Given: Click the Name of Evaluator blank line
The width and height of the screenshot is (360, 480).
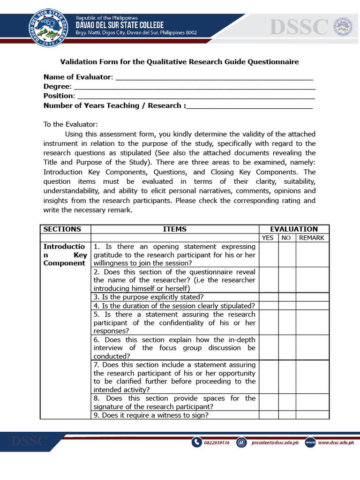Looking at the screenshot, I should [x=214, y=77].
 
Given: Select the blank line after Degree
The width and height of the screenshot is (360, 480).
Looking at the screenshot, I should [x=195, y=87].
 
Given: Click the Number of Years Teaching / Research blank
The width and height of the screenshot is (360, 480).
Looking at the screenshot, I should [x=249, y=106].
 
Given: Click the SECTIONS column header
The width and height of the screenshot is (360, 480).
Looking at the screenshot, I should [x=62, y=229].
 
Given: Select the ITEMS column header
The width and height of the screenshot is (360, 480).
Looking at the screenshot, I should [x=174, y=229].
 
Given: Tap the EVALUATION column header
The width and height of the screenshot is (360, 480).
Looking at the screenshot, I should [x=294, y=229].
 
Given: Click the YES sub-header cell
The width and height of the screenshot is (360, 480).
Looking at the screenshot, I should [x=268, y=238].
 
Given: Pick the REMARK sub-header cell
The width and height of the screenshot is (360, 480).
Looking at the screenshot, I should [x=312, y=238].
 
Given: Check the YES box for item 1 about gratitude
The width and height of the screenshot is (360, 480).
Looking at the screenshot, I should [x=269, y=255].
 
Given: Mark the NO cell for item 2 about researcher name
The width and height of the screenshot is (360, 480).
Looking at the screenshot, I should [x=286, y=280].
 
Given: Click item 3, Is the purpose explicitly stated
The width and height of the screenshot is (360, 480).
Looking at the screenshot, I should [x=149, y=297].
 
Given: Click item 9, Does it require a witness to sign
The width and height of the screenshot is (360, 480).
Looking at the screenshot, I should [x=151, y=415].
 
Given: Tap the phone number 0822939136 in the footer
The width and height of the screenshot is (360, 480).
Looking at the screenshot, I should [x=216, y=442].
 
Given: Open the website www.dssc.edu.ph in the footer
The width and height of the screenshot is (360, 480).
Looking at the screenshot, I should [x=336, y=442].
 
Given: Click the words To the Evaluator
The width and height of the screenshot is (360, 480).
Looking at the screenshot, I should [x=70, y=124].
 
